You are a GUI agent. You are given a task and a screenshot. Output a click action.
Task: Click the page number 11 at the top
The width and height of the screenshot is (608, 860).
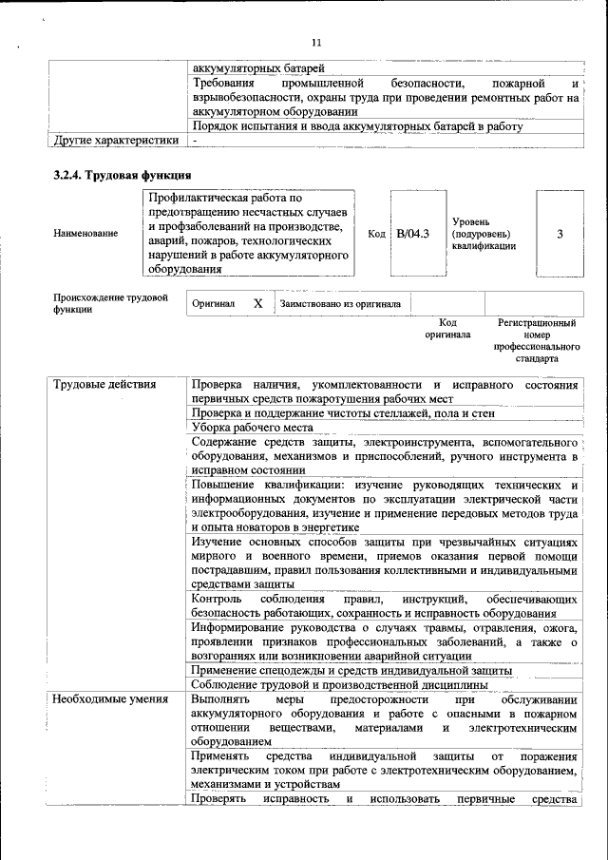point(316,43)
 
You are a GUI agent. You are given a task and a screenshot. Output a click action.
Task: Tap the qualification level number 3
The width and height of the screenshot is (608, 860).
point(560,234)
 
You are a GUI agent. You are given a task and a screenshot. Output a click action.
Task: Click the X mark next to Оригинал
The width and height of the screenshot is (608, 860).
point(257,303)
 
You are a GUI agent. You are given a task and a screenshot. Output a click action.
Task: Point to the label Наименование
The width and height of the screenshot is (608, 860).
point(86,234)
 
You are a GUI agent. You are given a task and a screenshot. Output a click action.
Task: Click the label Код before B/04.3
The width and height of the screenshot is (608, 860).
point(376,234)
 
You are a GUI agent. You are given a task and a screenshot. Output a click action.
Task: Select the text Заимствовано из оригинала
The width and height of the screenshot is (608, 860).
point(340,304)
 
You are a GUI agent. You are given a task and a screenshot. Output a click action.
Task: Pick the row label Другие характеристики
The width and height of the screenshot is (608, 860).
point(116,141)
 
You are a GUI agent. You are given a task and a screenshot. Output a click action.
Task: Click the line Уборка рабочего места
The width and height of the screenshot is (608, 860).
point(252,428)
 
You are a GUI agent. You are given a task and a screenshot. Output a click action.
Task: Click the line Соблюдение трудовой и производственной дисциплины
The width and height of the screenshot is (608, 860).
point(339,685)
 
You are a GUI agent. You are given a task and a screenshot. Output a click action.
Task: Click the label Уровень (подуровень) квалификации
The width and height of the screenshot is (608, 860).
point(484,234)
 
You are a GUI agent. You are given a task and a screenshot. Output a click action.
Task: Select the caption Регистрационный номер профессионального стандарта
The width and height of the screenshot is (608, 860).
point(537,340)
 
